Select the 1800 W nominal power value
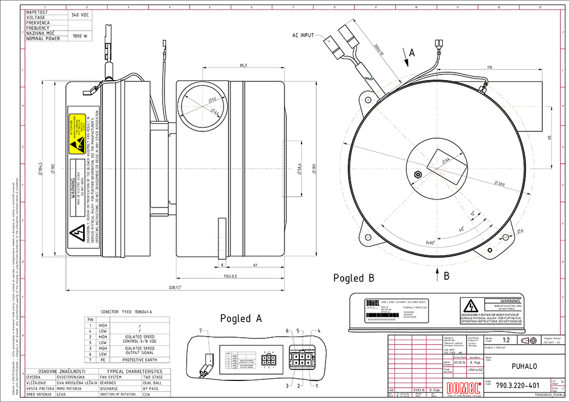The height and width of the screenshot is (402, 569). pos(80,36)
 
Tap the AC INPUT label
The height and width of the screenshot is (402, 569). pos(303,35)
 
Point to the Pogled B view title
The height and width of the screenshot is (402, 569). pos(353,278)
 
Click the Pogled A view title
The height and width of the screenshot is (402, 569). pos(241,318)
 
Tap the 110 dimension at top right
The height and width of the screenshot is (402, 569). pos(489,68)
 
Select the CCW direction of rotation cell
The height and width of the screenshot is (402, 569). pos(150,394)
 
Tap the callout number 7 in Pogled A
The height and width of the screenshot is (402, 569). pos(200,330)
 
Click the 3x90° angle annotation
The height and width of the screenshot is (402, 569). pos(434,242)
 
